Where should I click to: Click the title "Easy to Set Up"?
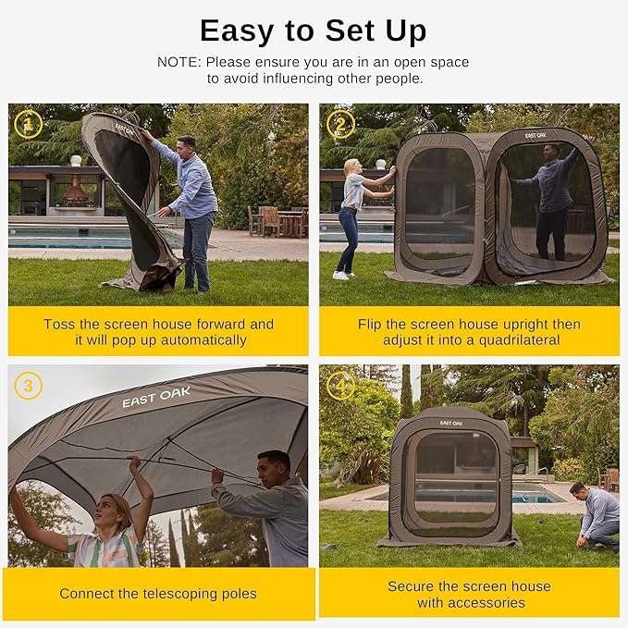point(313,31)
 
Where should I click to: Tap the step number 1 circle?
point(29,124)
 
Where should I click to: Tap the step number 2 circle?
point(340,124)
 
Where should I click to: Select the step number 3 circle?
point(29,385)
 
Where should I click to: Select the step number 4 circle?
point(340,385)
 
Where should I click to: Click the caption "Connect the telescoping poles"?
point(158,594)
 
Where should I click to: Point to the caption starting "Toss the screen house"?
point(158,331)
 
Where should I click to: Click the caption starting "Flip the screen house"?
point(469,331)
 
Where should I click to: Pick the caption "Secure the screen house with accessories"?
point(469,594)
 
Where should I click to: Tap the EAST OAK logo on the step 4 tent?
point(451,423)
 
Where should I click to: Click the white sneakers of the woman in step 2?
point(341,275)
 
